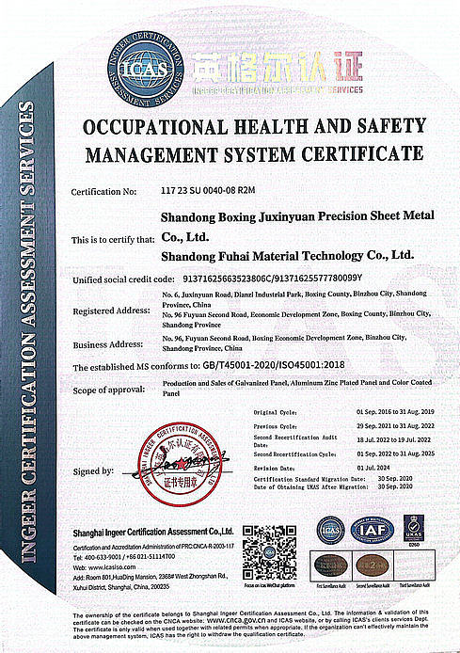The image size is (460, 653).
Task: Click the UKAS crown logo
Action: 413,528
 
